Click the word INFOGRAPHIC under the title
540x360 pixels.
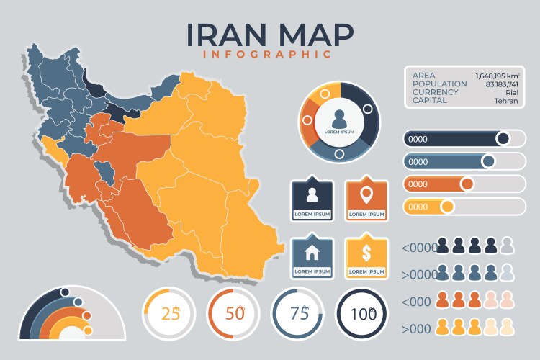coord(267,54)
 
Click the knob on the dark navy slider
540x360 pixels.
coord(503,138)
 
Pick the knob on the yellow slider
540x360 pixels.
coord(447,207)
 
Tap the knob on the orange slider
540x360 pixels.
coord(467,184)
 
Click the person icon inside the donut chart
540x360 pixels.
coord(340,117)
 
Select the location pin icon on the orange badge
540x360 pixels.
coord(366,194)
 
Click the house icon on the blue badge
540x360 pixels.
coord(312,253)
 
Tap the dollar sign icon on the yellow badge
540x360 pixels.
coord(366,253)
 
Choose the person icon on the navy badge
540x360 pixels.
coord(312,194)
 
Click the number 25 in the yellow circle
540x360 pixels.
coord(171,313)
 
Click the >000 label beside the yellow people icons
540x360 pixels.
coord(417,328)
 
